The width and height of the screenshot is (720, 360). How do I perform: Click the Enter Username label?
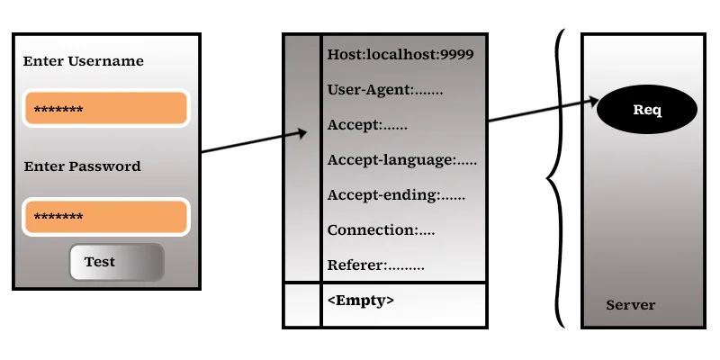(x=83, y=61)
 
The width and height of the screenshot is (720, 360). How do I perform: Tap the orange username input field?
(x=105, y=109)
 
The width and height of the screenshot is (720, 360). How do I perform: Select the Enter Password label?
(x=82, y=166)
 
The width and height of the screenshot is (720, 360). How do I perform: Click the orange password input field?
(x=105, y=217)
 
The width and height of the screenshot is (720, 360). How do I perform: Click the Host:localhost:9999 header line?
(x=400, y=55)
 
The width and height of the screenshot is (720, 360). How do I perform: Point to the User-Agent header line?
(x=385, y=90)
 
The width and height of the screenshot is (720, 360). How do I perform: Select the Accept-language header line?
(x=401, y=160)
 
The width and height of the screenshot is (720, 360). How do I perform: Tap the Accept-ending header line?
(x=396, y=195)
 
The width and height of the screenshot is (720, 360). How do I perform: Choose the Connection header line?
(x=381, y=230)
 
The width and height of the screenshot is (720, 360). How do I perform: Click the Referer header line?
(x=375, y=265)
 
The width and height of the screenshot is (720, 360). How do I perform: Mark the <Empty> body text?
(x=360, y=301)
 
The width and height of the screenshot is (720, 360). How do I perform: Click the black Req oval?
(x=647, y=110)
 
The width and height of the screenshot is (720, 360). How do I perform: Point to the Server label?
(x=630, y=305)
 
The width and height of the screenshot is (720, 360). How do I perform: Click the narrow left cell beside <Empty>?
(x=301, y=305)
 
